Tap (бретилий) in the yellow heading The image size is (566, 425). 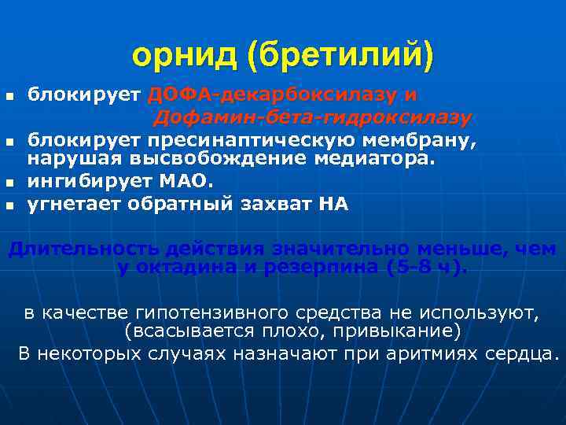340,55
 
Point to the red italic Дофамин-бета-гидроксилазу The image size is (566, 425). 312,118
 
